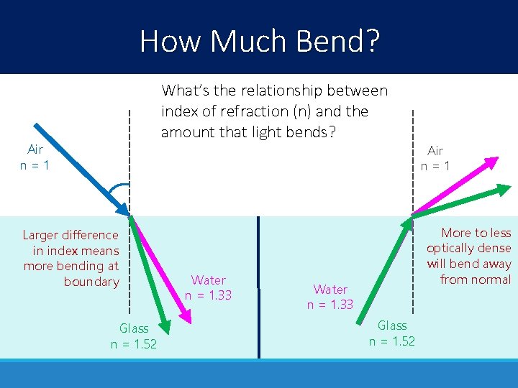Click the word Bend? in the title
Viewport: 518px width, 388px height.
(336, 41)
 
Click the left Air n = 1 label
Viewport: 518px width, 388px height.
(35, 157)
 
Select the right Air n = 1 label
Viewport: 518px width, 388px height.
(435, 158)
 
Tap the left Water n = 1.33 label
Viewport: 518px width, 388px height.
(209, 287)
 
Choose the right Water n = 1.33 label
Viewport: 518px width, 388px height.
(330, 297)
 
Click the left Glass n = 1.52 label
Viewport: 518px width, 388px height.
(134, 336)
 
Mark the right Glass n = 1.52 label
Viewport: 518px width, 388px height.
(392, 333)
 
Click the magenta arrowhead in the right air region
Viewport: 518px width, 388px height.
(493, 161)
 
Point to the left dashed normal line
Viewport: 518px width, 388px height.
(129, 144)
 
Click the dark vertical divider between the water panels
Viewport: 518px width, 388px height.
(258, 287)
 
